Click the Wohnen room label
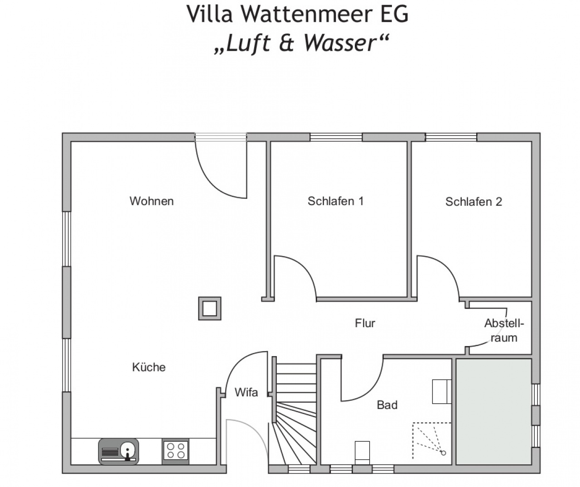[152, 201]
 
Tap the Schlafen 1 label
[336, 201]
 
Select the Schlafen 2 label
[474, 202]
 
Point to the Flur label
[365, 323]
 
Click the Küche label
[149, 367]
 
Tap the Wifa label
[246, 392]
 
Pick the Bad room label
[387, 405]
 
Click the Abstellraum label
[504, 331]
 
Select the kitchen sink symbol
[119, 452]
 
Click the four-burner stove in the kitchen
[175, 452]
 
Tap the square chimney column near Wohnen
[210, 309]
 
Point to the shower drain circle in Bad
[443, 453]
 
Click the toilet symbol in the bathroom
[362, 453]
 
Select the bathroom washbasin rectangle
[442, 391]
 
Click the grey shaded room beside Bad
[494, 412]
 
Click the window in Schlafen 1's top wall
[336, 137]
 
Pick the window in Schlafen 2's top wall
[451, 137]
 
